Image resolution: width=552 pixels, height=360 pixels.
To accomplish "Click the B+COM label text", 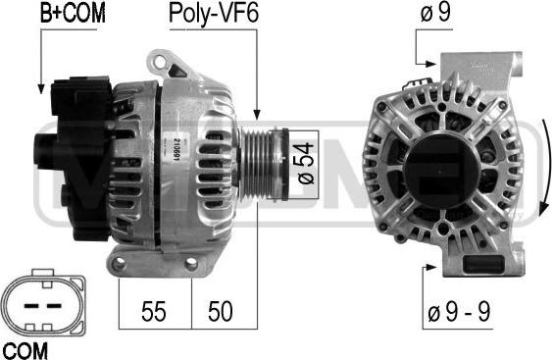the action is pyautogui.click(x=73, y=14).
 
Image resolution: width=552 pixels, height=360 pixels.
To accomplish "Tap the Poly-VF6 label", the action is pyautogui.click(x=214, y=15).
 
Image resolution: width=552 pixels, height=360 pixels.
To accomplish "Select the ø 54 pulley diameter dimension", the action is pyautogui.click(x=306, y=163).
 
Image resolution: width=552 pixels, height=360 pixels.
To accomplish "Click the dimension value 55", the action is pyautogui.click(x=154, y=311).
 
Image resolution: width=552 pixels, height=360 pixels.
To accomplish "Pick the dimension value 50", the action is pyautogui.click(x=221, y=311).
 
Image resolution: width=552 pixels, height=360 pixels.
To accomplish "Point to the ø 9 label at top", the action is pyautogui.click(x=435, y=13).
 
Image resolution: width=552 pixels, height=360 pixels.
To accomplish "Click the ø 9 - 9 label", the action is pyautogui.click(x=459, y=311).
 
